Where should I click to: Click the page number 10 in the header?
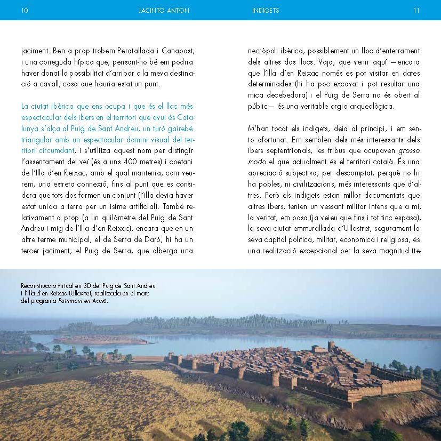coord(25,10)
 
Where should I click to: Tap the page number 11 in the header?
coord(416,10)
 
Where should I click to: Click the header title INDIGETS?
coord(266,10)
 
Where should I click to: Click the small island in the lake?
coord(101,339)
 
